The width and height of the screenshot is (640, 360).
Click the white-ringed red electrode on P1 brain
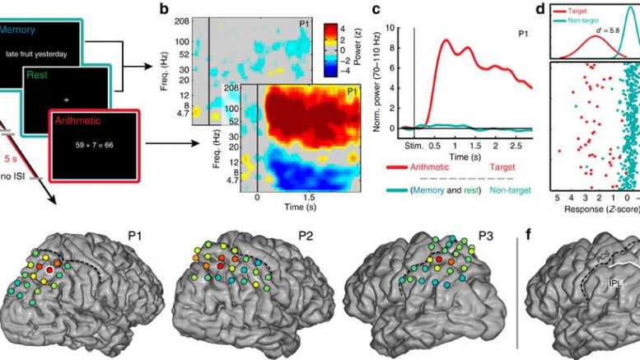[x=50, y=270]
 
